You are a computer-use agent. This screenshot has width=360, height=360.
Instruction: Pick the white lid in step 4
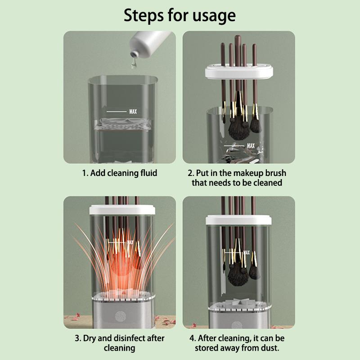(238, 220)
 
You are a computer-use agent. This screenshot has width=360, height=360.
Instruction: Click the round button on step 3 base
(120, 315)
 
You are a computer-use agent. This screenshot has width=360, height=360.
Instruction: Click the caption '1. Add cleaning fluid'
(120, 173)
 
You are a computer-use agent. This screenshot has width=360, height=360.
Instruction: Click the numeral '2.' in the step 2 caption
(191, 173)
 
